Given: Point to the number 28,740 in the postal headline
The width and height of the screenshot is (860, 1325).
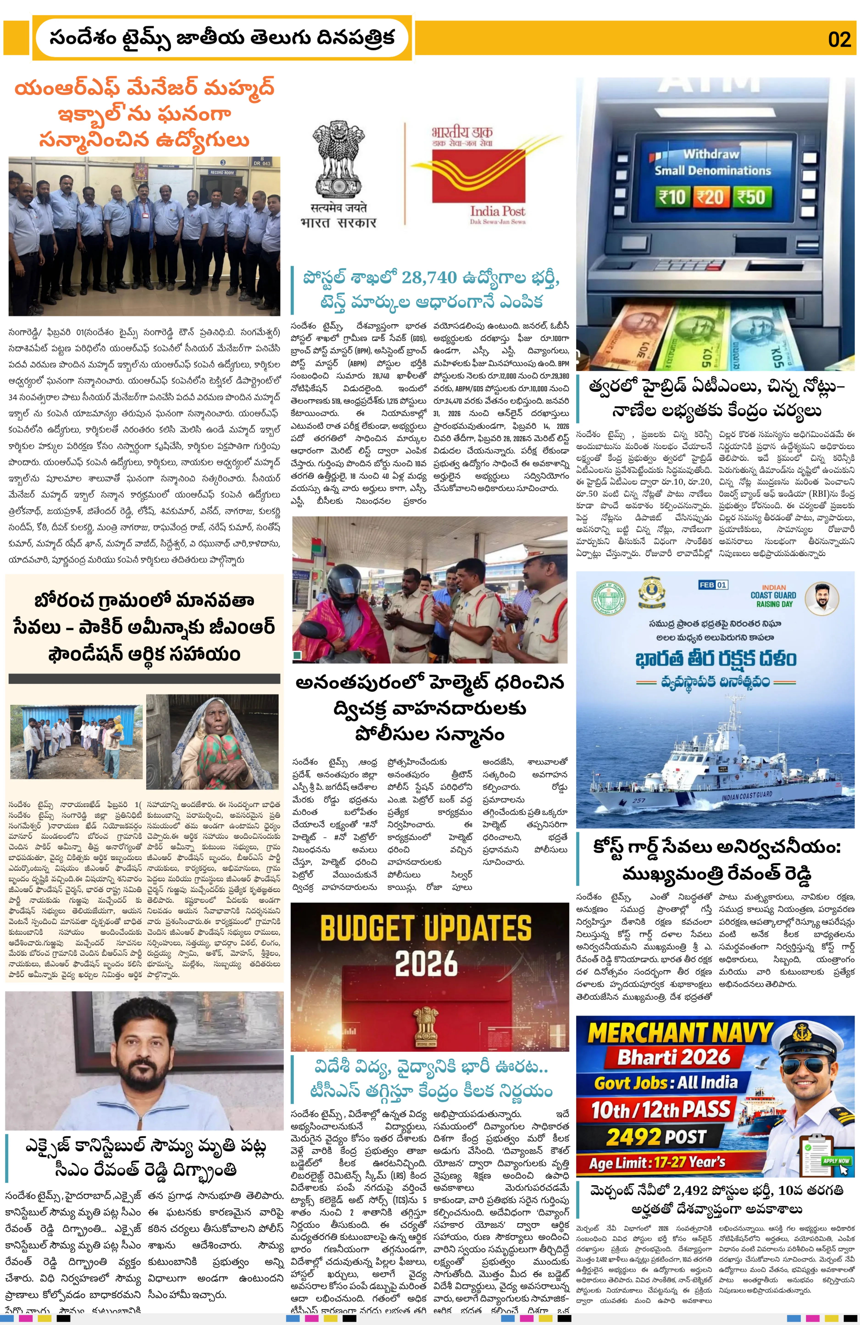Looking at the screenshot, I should click(x=429, y=277).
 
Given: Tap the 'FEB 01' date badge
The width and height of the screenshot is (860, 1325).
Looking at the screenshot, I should click(x=713, y=585).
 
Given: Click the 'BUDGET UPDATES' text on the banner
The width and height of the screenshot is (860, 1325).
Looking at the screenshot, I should click(x=426, y=929).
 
